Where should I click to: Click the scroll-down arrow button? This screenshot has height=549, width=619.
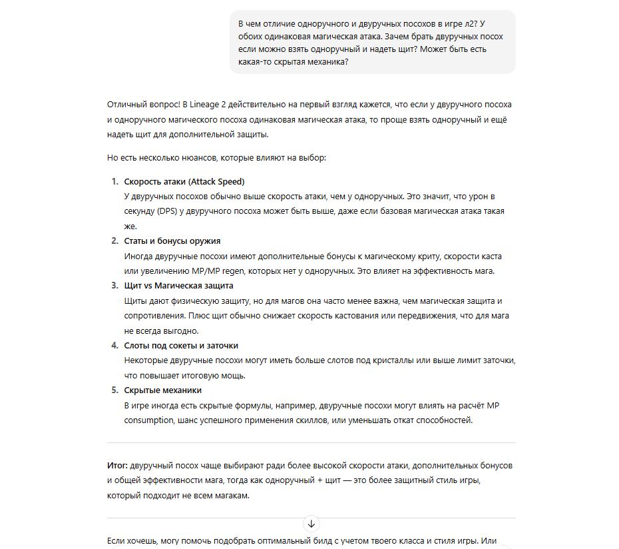(x=311, y=524)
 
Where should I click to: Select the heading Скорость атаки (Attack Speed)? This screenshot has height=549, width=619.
(x=184, y=181)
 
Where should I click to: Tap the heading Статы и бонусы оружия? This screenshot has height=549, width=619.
(x=172, y=241)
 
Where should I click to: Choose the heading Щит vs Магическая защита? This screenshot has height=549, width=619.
(x=178, y=286)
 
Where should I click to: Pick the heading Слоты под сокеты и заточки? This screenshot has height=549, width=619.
(x=181, y=345)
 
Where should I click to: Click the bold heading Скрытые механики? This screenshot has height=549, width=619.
(x=162, y=390)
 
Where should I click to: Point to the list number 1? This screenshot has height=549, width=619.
(x=114, y=181)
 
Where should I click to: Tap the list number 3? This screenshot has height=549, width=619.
(x=114, y=286)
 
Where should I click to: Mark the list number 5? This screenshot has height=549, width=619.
(x=114, y=390)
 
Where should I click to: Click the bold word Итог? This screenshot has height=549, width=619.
(x=117, y=464)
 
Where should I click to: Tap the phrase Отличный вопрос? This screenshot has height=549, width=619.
(x=142, y=105)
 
